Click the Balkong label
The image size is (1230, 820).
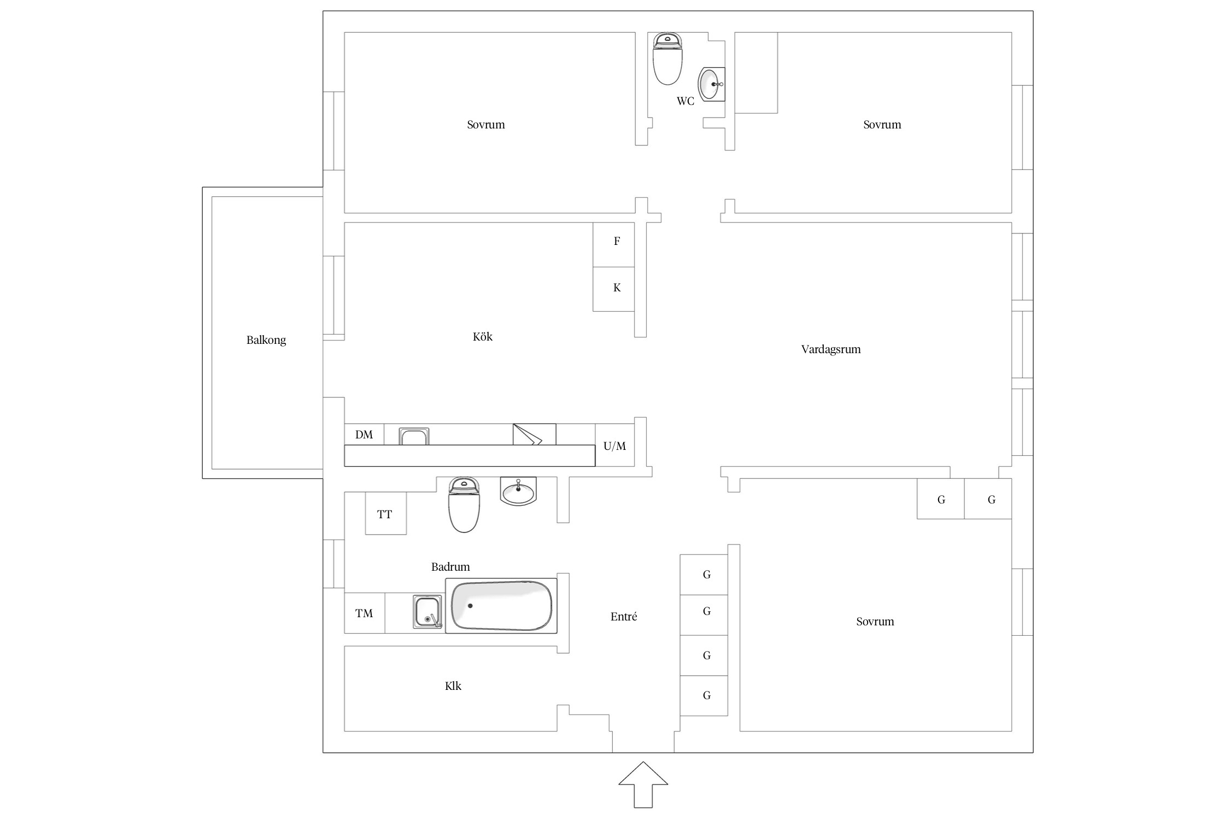pyautogui.click(x=266, y=340)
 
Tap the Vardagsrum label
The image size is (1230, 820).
pyautogui.click(x=831, y=349)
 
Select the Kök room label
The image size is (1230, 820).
pyautogui.click(x=483, y=337)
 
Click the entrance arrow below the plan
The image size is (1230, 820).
pyautogui.click(x=643, y=784)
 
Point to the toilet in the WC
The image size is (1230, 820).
pyautogui.click(x=667, y=58)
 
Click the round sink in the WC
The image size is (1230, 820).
pyautogui.click(x=712, y=84)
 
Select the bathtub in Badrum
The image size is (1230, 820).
pyautogui.click(x=501, y=606)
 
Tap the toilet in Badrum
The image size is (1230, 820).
pyautogui.click(x=464, y=505)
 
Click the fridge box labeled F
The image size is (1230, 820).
pyautogui.click(x=614, y=244)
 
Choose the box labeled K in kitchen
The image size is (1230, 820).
pyautogui.click(x=614, y=289)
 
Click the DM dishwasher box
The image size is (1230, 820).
pyautogui.click(x=364, y=435)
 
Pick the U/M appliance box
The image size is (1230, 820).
pyautogui.click(x=615, y=445)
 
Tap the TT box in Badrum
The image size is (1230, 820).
pyautogui.click(x=386, y=513)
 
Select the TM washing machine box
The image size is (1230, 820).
pyautogui.click(x=365, y=613)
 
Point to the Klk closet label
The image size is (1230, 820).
pyautogui.click(x=453, y=686)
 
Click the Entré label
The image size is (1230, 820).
pyautogui.click(x=624, y=617)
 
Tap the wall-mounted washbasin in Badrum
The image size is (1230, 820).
pyautogui.click(x=518, y=491)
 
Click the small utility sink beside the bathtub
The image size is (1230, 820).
pyautogui.click(x=427, y=612)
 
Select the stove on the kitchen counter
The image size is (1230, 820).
pyautogui.click(x=534, y=435)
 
